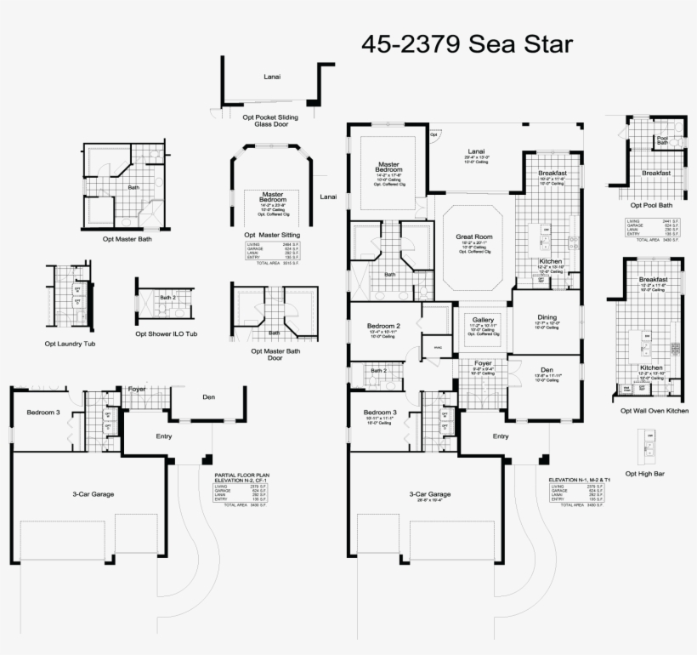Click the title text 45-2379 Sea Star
pos(467,43)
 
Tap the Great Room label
pos(473,237)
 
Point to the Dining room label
pos(547,317)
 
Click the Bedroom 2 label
pos(383,326)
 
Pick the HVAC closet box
pos(438,348)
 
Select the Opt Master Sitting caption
pos(273,235)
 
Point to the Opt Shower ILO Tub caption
pos(166,333)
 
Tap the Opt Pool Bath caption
pos(651,204)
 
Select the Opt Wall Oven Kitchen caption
pos(654,410)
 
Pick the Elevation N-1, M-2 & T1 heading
pos(580,480)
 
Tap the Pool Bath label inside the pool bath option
pos(662,140)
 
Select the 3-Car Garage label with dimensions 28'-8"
pos(429,494)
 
